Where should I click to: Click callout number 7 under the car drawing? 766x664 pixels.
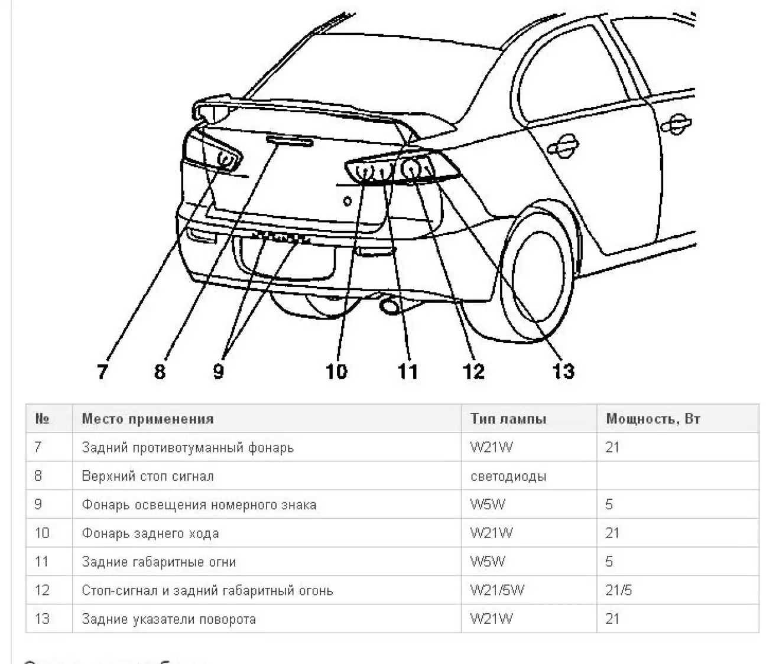click(103, 372)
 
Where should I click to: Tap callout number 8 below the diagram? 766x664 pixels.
click(160, 372)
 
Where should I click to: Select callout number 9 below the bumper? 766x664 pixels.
click(218, 372)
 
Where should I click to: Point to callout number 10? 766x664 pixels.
click(336, 372)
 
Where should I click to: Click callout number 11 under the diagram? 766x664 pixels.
click(407, 372)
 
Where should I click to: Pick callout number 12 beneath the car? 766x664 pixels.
click(473, 372)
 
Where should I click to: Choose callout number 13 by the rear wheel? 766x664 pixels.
click(563, 372)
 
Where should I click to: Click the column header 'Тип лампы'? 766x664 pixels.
click(508, 419)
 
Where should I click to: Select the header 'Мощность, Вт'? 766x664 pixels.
click(653, 419)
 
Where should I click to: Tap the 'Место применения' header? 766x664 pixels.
click(147, 419)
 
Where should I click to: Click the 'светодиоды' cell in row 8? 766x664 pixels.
click(508, 476)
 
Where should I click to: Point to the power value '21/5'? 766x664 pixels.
click(618, 590)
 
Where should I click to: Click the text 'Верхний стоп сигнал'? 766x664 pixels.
click(147, 476)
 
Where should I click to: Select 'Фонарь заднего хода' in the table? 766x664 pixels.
click(150, 533)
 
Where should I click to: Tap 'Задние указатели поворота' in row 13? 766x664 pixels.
click(168, 619)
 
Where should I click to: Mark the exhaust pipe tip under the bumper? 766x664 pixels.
click(390, 306)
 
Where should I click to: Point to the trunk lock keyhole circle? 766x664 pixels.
click(347, 201)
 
